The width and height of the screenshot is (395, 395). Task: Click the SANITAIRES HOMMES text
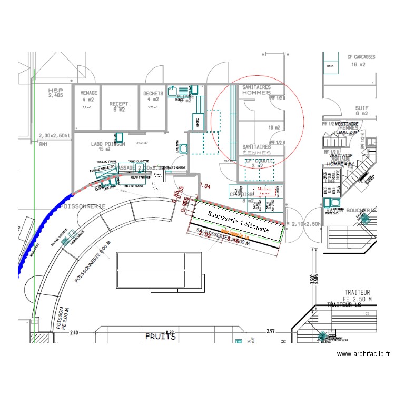(256, 90)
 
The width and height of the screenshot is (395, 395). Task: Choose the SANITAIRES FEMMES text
(256, 150)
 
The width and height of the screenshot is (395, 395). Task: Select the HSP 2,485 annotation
(55, 93)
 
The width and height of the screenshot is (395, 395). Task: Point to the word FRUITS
(161, 335)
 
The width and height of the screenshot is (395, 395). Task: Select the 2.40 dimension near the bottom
(74, 332)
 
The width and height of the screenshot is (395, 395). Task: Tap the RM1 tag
(43, 143)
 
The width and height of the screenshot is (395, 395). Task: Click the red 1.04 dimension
(205, 186)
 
